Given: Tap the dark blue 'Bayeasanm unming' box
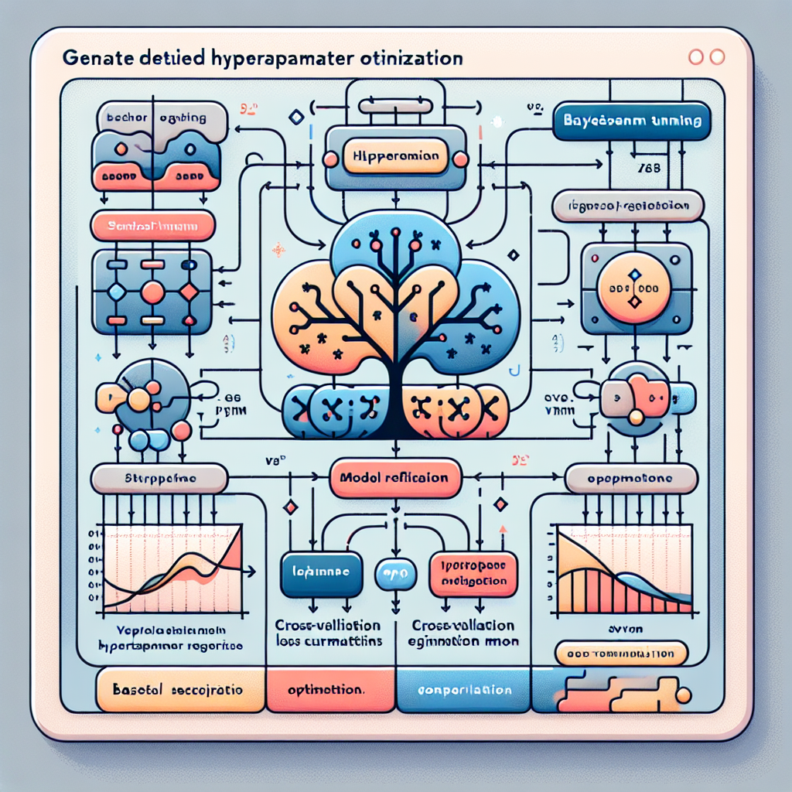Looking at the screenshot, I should click(633, 121).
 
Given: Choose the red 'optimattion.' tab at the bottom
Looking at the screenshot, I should click(328, 689).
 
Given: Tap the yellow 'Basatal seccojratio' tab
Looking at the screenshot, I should click(178, 689).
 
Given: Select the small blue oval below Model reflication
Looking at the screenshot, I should click(395, 573).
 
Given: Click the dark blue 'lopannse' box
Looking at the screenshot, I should click(321, 574).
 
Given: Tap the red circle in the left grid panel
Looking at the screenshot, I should click(153, 292).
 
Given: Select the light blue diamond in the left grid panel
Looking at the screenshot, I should click(116, 292).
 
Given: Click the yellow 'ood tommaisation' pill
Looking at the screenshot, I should click(620, 654).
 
